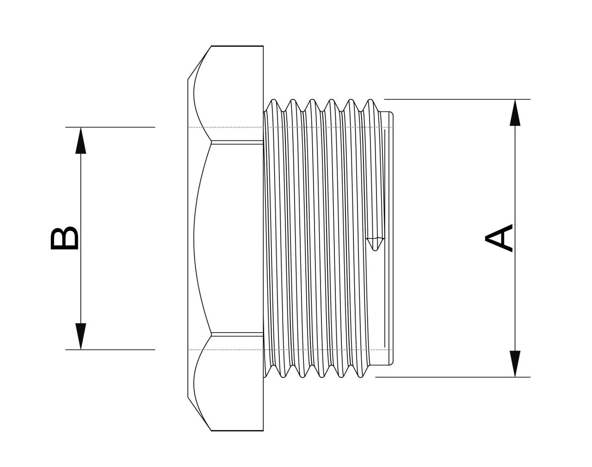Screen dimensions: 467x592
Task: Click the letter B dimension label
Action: tap(64, 238)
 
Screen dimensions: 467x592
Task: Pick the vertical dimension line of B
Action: tap(81, 194)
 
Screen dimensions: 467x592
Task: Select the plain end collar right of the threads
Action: tap(388, 238)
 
